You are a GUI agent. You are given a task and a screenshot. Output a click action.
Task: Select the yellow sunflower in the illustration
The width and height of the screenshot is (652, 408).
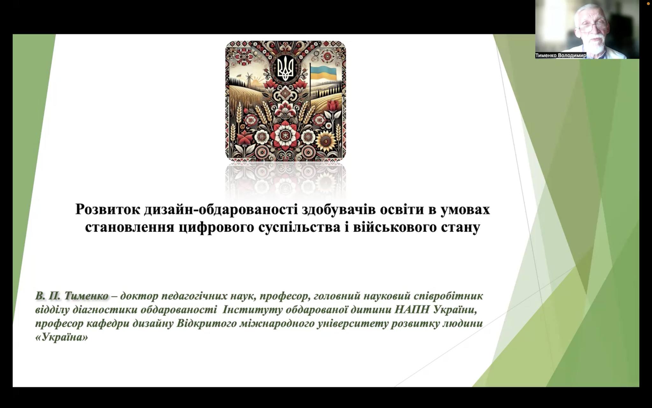coord(326,141)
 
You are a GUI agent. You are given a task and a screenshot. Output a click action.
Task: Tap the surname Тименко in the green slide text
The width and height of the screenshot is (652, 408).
coord(86,296)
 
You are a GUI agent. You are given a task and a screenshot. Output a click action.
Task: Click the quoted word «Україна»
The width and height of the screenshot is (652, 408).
coord(61,337)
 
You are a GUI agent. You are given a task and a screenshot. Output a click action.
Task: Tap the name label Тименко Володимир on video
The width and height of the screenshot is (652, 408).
coord(561,55)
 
